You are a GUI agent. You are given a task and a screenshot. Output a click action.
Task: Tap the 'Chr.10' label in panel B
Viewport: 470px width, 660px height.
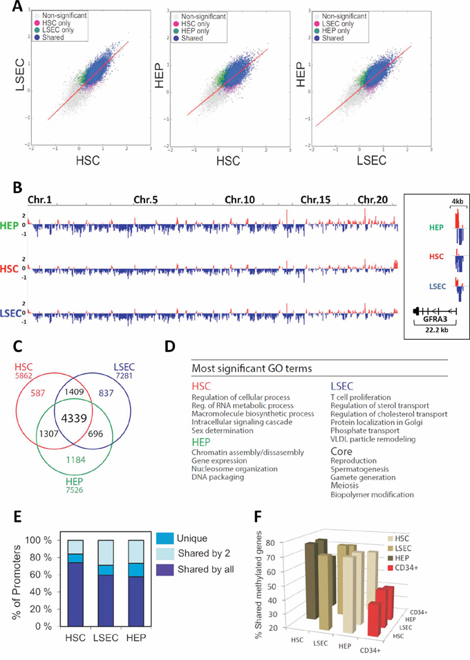click(x=240, y=199)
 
